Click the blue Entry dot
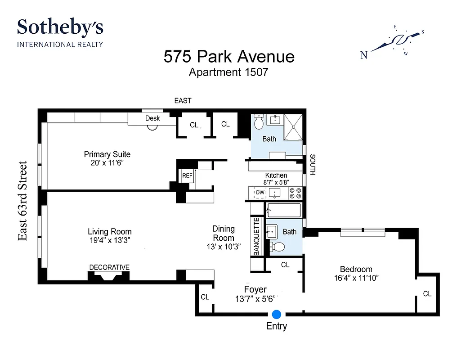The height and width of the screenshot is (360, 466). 277,314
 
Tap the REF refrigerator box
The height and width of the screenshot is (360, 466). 187,176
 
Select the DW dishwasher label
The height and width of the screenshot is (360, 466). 260,193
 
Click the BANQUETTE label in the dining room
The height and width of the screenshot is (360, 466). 256,237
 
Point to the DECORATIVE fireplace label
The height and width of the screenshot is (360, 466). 109,267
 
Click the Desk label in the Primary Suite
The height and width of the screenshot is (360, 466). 152,118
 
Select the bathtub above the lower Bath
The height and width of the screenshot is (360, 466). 284,211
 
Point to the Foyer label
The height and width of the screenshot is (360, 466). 255,289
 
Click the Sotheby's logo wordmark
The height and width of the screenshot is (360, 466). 60,28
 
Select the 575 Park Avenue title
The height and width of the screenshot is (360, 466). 229,57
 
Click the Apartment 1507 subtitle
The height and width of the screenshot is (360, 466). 228,72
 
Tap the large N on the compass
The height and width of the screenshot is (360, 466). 364,55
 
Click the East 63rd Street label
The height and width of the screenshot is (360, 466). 23,201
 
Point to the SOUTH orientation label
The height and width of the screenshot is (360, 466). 312,165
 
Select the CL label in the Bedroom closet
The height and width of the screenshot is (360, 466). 427,294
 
